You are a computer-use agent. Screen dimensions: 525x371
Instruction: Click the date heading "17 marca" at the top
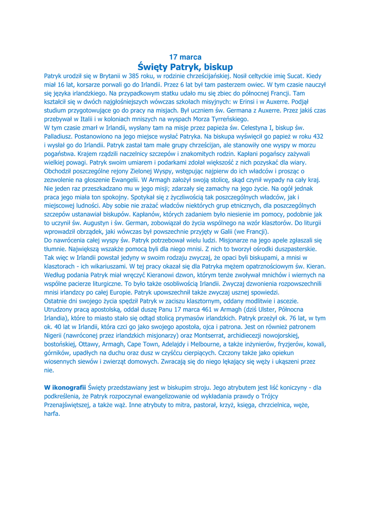(x=185, y=57)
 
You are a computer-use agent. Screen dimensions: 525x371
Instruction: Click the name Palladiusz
(x=60, y=136)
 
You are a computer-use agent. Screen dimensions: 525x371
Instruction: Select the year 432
(x=317, y=136)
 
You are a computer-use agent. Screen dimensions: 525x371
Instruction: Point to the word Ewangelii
(x=124, y=179)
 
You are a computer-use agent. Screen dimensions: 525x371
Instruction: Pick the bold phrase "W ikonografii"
(x=65, y=387)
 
